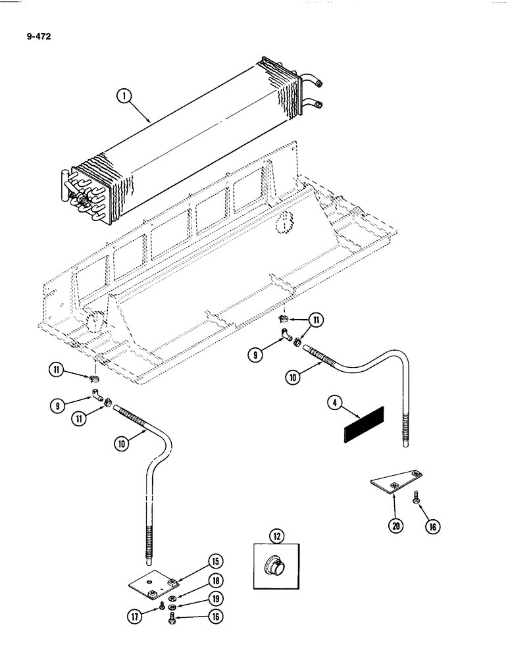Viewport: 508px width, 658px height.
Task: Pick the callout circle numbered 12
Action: coord(276,537)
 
